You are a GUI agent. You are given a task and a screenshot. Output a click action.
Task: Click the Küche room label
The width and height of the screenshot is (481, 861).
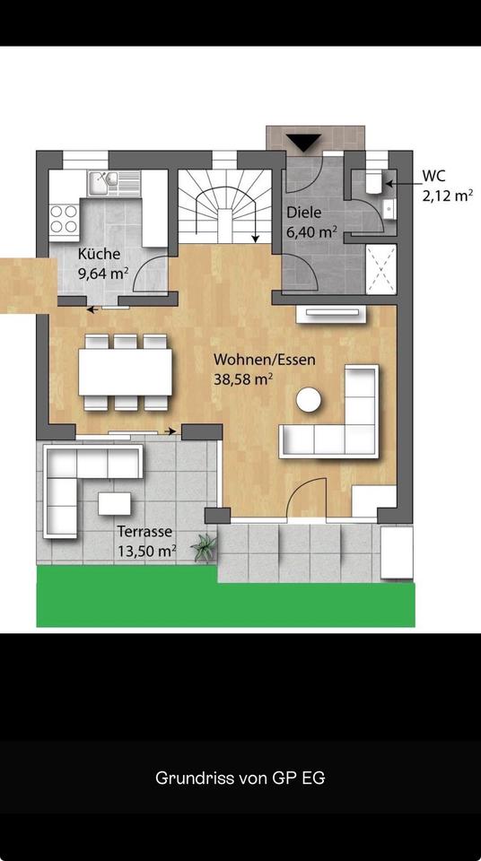click(x=99, y=254)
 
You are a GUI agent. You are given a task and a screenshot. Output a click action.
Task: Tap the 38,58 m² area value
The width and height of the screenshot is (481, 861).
click(x=243, y=378)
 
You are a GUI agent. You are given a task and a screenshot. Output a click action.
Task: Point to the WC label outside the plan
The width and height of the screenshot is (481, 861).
click(x=433, y=177)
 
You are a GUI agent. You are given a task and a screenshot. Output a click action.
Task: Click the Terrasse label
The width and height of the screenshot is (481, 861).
click(x=144, y=532)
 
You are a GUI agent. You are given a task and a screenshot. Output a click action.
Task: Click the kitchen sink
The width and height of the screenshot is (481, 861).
click(x=104, y=182)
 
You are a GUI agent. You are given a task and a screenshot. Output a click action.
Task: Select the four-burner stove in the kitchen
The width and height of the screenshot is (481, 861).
click(x=64, y=219)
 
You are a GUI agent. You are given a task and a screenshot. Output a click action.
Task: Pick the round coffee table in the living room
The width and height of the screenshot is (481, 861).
click(x=309, y=399)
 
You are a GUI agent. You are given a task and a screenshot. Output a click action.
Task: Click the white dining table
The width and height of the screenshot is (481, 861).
click(x=126, y=372)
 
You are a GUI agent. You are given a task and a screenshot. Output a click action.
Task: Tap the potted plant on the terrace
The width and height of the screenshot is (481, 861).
click(x=205, y=547)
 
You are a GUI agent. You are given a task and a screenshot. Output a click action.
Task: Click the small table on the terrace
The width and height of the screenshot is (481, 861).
click(x=114, y=503)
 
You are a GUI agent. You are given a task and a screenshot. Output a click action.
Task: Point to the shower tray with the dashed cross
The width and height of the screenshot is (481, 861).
click(x=381, y=269)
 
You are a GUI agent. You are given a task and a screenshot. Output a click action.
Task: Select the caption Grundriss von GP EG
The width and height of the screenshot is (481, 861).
click(x=240, y=778)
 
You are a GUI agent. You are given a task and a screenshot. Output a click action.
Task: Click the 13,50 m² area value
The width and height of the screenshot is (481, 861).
click(x=146, y=551)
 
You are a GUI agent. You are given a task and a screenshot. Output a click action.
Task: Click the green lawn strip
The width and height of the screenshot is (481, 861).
click(x=225, y=598)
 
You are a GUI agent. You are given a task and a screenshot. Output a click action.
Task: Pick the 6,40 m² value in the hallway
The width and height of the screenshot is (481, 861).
click(x=311, y=231)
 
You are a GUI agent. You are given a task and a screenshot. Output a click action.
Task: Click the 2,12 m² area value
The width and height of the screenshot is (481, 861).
click(x=448, y=196)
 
